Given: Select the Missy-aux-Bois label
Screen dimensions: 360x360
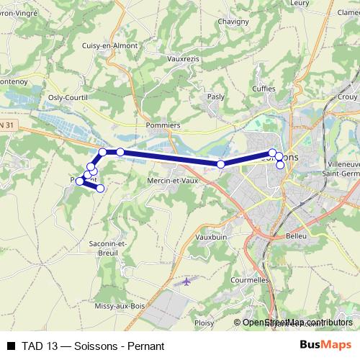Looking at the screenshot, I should click(123, 306).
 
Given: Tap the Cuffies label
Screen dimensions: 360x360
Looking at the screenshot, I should click(264, 89).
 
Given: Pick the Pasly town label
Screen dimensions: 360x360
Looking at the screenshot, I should click(215, 96).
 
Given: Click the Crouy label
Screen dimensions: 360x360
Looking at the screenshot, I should click(347, 96).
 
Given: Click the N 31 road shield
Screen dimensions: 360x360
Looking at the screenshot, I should click(6, 125).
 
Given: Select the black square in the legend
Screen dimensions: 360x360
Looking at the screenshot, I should click(10, 346).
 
